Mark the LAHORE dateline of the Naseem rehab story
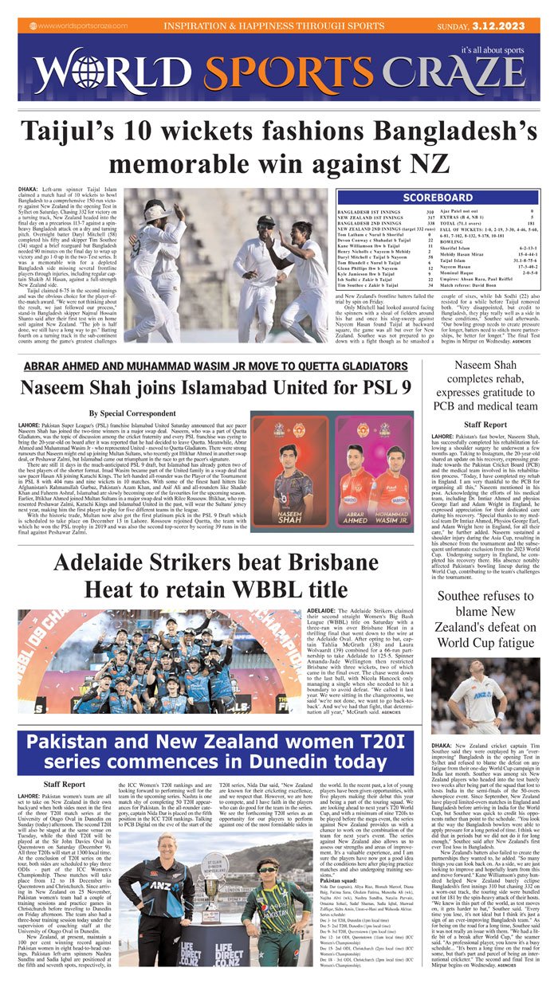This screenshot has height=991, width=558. (444, 437)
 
